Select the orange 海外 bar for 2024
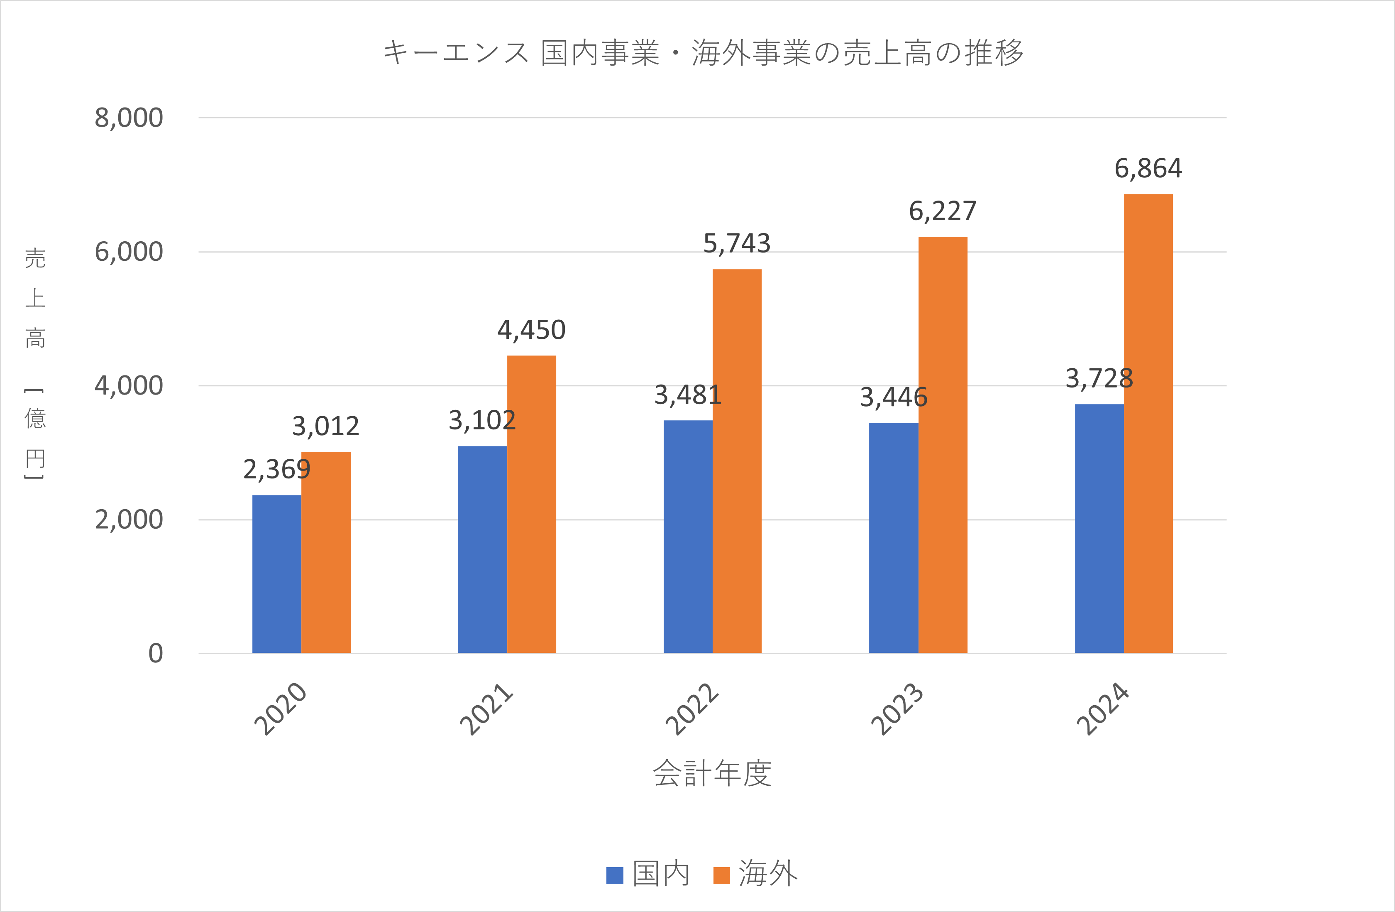pos(1148,423)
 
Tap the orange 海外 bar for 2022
pos(737,461)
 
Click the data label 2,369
pos(277,470)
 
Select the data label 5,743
pos(737,243)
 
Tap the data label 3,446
pos(893,397)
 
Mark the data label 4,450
pos(531,330)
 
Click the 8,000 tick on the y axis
pos(129,118)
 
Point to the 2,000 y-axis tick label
pos(129,520)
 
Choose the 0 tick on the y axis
pos(155,653)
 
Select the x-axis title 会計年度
pos(712,773)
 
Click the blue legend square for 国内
pos(614,875)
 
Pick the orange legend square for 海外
pos(721,875)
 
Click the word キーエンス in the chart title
pos(456,53)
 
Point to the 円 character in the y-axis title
pos(35,458)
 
